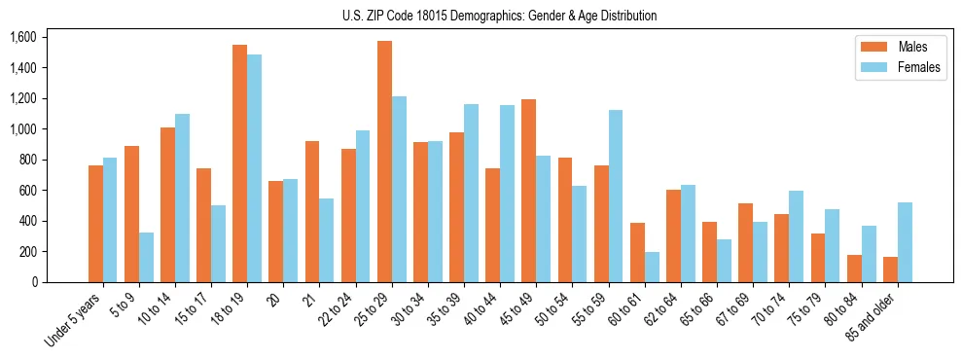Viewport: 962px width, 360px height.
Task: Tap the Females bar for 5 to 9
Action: [146, 257]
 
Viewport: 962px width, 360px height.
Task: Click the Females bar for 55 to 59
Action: [615, 196]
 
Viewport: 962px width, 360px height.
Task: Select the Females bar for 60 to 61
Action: [652, 267]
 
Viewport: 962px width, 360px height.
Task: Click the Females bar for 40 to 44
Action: [507, 194]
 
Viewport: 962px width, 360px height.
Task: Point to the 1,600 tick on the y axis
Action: [22, 37]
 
